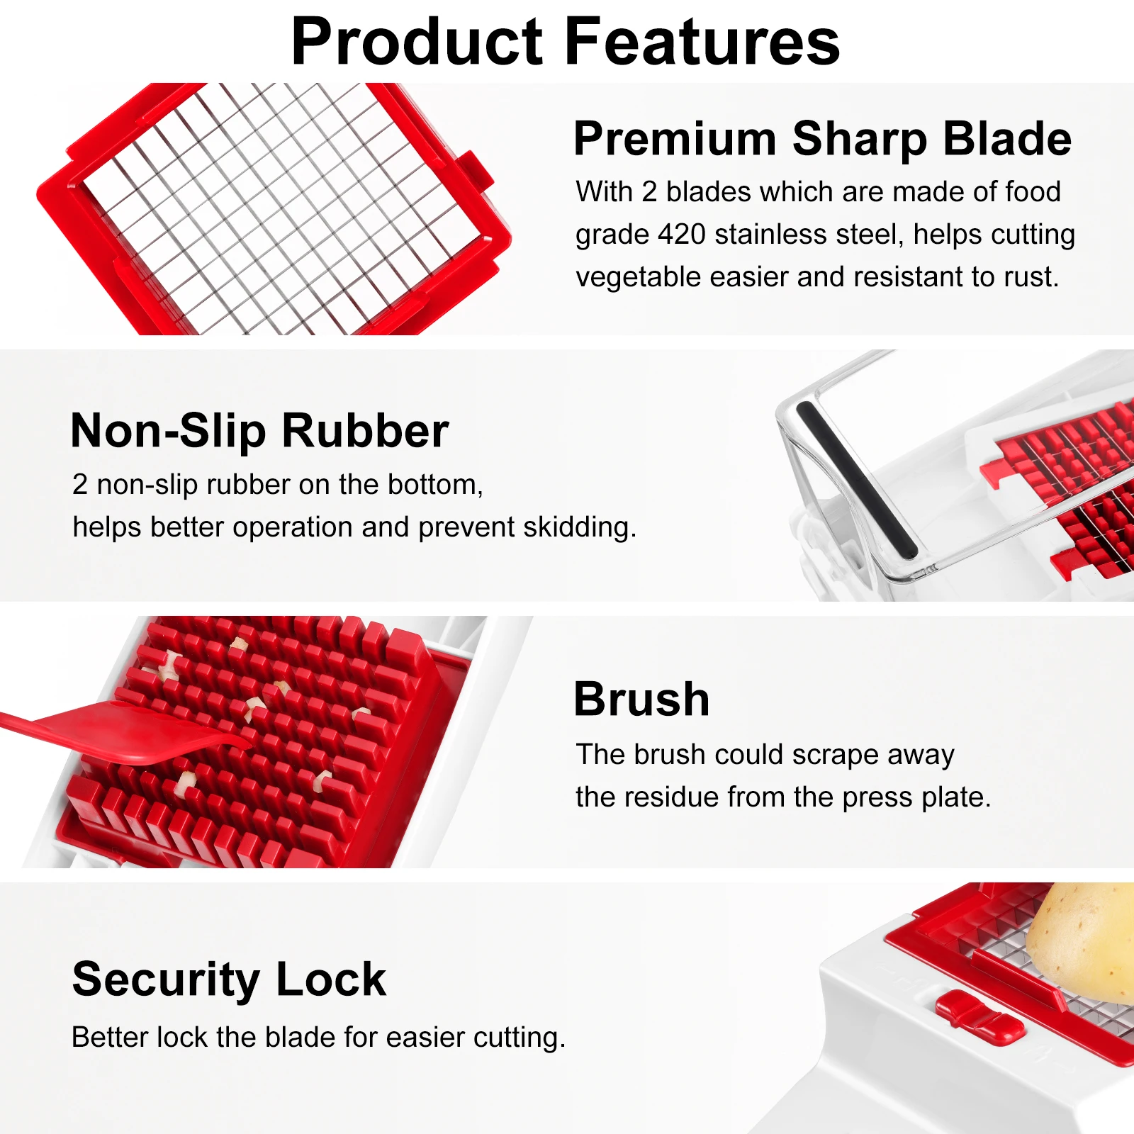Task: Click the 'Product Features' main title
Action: tap(566, 43)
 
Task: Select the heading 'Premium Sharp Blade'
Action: tap(822, 139)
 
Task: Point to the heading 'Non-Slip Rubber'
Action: tap(259, 430)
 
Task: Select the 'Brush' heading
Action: tap(641, 700)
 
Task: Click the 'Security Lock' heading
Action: tap(229, 979)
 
